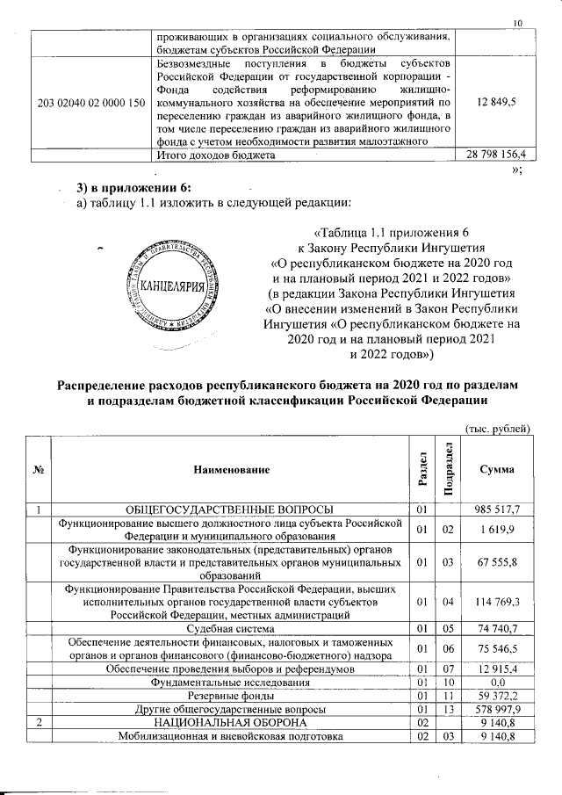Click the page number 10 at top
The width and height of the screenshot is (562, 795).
[x=518, y=23]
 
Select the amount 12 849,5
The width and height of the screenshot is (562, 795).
[x=496, y=103]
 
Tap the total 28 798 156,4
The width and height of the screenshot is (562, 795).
[x=495, y=155]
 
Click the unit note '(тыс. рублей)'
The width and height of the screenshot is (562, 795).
[x=495, y=429]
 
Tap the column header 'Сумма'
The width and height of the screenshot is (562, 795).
[x=496, y=471]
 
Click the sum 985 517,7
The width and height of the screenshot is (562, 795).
[x=499, y=510]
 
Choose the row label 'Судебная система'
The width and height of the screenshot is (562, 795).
[x=232, y=627]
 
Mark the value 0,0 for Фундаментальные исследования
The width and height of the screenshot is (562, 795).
[x=501, y=682]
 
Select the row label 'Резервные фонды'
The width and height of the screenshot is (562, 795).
[x=232, y=695]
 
